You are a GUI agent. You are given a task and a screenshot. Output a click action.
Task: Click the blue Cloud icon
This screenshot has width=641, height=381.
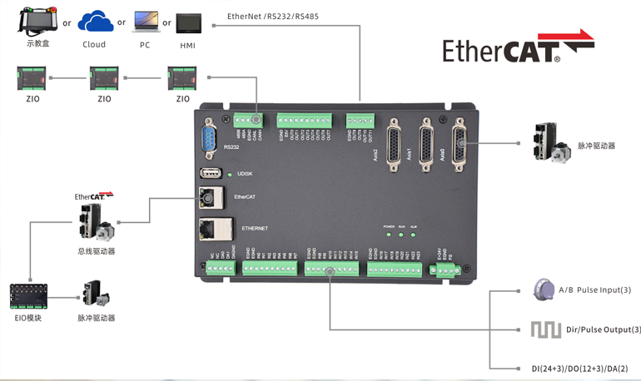click(95, 22)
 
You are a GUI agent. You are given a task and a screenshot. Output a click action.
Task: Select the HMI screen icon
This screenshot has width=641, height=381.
click(188, 23)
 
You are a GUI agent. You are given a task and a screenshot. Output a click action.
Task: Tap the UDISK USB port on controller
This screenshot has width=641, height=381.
click(210, 173)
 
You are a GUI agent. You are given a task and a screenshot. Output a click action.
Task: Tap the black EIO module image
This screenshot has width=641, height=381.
click(28, 296)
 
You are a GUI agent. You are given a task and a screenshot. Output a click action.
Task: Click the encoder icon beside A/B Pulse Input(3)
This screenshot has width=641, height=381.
click(541, 289)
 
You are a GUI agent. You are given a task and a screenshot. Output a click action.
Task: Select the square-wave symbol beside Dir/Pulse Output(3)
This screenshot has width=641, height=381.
click(541, 329)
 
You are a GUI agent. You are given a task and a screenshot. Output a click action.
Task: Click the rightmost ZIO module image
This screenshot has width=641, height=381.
click(181, 79)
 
